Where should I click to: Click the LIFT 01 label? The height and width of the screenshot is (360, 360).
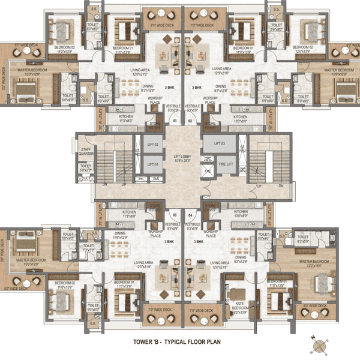pyautogui.click(x=152, y=164)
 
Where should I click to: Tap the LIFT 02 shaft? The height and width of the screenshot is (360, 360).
pyautogui.click(x=152, y=145)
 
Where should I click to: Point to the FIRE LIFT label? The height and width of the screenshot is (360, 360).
pyautogui.click(x=226, y=163)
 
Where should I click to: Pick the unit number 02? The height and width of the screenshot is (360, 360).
pyautogui.click(x=190, y=120)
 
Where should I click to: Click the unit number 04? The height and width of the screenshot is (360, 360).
pyautogui.click(x=190, y=214)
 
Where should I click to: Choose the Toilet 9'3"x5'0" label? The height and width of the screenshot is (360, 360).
pyautogui.click(x=303, y=239)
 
